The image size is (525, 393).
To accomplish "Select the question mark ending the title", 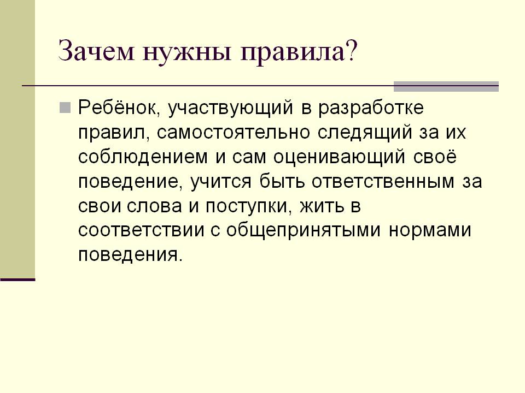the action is (x=351, y=50).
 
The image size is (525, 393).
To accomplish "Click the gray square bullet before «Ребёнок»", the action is (x=65, y=108).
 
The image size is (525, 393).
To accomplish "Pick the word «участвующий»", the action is (x=230, y=108).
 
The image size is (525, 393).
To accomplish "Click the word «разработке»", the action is (x=371, y=108).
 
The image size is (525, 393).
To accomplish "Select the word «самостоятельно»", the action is (x=233, y=132).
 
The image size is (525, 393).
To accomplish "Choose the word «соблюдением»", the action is (x=143, y=157).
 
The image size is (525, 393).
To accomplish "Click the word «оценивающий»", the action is (x=339, y=157).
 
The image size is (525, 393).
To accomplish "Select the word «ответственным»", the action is (x=383, y=181).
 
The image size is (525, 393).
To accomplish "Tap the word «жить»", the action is (x=322, y=206).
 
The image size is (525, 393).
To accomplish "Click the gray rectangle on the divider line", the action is (x=446, y=87).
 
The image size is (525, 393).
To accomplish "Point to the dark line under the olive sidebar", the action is (x=17, y=279).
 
